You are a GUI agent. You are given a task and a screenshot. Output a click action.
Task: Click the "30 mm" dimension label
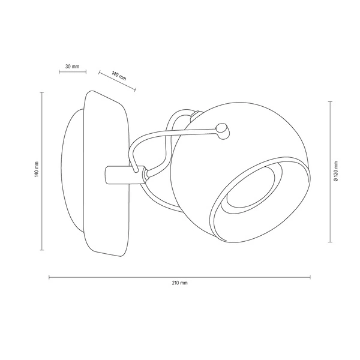tap(71, 65)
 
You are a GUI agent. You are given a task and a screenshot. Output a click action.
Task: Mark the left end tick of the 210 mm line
tap(49, 277)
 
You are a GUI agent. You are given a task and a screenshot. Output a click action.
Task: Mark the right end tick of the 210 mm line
tap(310, 277)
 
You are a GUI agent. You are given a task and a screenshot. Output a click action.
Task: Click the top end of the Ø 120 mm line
tap(331, 102)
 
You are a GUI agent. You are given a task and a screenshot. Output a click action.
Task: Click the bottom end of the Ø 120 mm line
tap(331, 242)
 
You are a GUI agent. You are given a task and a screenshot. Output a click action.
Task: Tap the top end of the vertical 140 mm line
tap(41, 91)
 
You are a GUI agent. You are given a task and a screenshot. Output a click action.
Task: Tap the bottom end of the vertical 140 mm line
tap(41, 250)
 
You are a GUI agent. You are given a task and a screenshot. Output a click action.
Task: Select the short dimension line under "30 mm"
tap(71, 73)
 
